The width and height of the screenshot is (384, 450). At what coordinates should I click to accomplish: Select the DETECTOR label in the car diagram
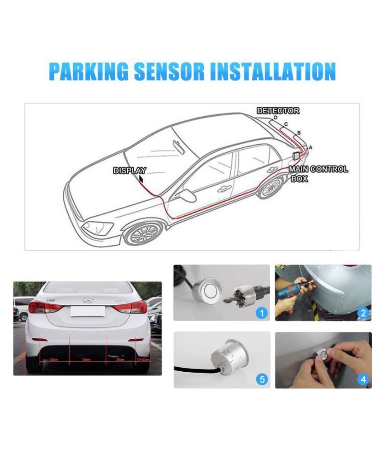tap(277, 111)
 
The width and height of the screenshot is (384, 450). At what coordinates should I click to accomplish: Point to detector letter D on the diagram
tap(275, 118)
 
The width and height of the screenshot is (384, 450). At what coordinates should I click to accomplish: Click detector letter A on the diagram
tap(310, 147)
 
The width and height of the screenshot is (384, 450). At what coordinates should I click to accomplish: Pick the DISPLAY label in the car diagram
tap(129, 171)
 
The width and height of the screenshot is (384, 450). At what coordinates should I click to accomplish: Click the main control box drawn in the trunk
tap(295, 155)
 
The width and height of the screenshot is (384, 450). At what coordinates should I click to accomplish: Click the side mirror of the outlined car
tap(187, 195)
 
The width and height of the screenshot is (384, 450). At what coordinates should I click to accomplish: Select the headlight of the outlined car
tap(97, 227)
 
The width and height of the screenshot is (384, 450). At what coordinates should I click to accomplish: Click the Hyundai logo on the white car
tap(87, 300)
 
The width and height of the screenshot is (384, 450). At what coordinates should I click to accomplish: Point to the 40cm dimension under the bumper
tap(87, 360)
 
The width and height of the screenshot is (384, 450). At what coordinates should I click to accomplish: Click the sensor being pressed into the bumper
tap(323, 351)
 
